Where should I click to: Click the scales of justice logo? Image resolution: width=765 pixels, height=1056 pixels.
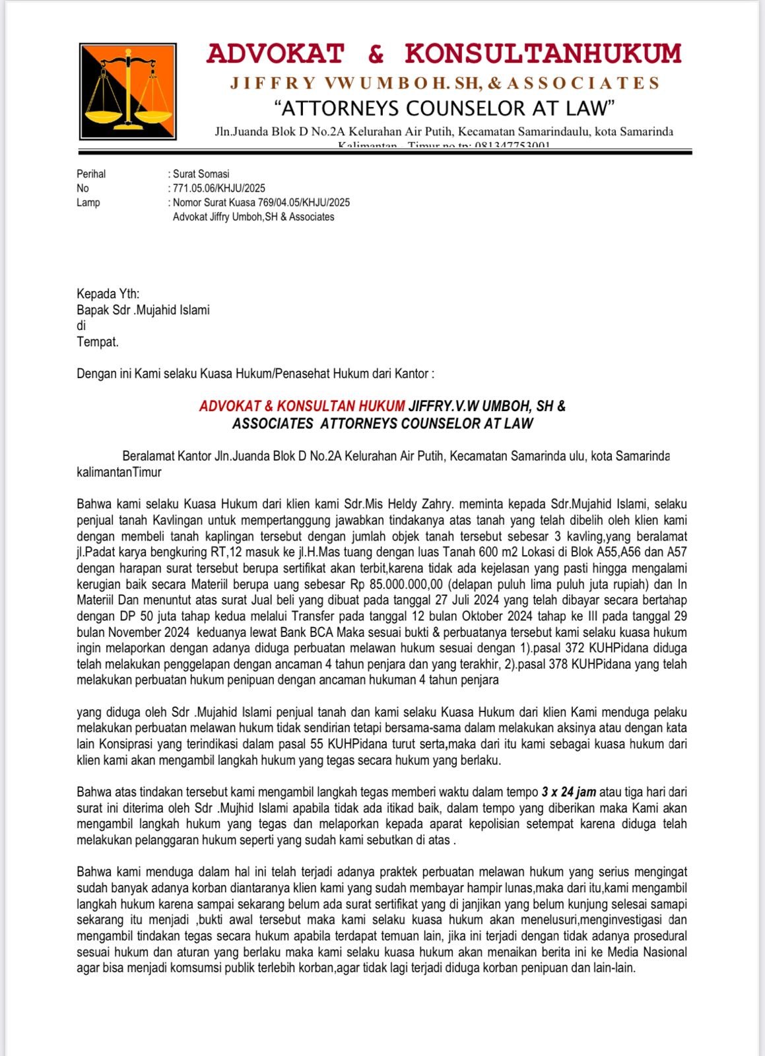pos(128,91)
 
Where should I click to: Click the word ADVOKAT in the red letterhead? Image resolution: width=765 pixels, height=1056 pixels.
pos(275,54)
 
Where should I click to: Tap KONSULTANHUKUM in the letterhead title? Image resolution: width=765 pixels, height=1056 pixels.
pos(543,54)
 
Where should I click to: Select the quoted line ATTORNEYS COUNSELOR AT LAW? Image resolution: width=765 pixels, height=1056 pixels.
pos(444,108)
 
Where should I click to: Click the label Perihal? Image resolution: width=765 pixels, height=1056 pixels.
pos(91,174)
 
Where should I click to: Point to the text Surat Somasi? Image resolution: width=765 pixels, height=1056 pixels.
pos(201,174)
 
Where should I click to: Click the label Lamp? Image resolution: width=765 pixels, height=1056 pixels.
pos(88,203)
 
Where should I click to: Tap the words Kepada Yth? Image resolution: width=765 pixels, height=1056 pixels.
pos(108,294)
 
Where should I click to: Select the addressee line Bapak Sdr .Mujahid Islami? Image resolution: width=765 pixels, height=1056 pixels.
pos(143,310)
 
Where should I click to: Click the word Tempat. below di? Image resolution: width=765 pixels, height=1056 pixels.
pos(98,342)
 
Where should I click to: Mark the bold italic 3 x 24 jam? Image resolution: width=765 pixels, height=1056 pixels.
pos(568,792)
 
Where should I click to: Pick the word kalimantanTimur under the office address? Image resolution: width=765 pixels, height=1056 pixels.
pos(119,473)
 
